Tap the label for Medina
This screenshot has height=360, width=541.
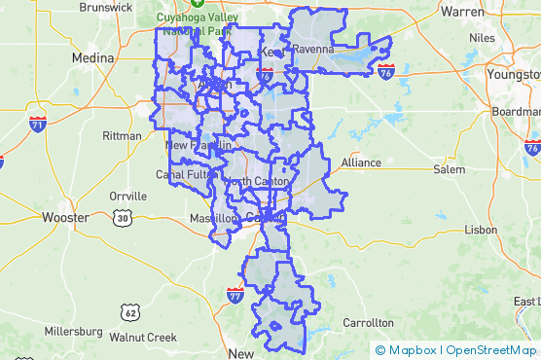(92, 58)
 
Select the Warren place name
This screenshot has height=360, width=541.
(462, 12)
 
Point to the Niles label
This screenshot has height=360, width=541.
(482, 38)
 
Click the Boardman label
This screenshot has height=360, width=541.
(516, 112)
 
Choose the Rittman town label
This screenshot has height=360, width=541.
(121, 135)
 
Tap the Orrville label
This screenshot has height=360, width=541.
(127, 196)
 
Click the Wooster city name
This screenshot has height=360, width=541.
(65, 217)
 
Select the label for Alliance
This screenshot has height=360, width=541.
(360, 162)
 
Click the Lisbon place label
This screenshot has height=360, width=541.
(481, 230)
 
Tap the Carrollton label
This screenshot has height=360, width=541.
(368, 322)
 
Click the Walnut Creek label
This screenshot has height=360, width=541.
(143, 338)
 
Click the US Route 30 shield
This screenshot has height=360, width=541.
(121, 218)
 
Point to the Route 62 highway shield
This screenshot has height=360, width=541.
(130, 312)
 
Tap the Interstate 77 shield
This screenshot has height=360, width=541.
(235, 293)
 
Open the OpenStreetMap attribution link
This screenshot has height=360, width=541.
(493, 350)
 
